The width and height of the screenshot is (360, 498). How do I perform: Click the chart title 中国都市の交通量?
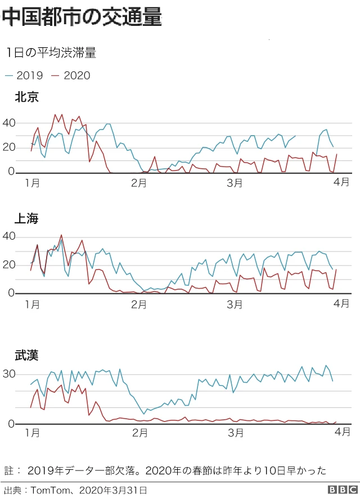coord(82,17)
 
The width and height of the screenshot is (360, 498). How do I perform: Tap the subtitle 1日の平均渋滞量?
coord(51,53)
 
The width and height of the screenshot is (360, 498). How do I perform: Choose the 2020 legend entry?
coord(71,75)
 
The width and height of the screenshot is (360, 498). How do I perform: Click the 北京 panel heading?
coord(26,97)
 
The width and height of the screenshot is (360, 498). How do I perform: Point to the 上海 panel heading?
coord(26,219)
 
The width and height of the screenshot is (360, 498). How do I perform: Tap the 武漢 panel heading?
coord(26,355)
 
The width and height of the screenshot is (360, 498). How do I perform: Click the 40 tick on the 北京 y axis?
coord(8,123)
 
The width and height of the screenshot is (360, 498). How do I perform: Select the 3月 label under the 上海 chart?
coord(235,304)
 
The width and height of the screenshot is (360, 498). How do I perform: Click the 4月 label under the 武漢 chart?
coord(342,431)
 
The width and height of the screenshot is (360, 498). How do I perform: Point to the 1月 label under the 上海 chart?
coord(32,304)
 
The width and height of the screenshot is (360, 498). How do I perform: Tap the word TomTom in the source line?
coord(48,490)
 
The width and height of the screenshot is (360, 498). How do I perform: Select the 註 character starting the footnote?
coord(8,470)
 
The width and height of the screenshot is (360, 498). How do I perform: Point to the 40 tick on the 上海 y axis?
coord(8,236)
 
